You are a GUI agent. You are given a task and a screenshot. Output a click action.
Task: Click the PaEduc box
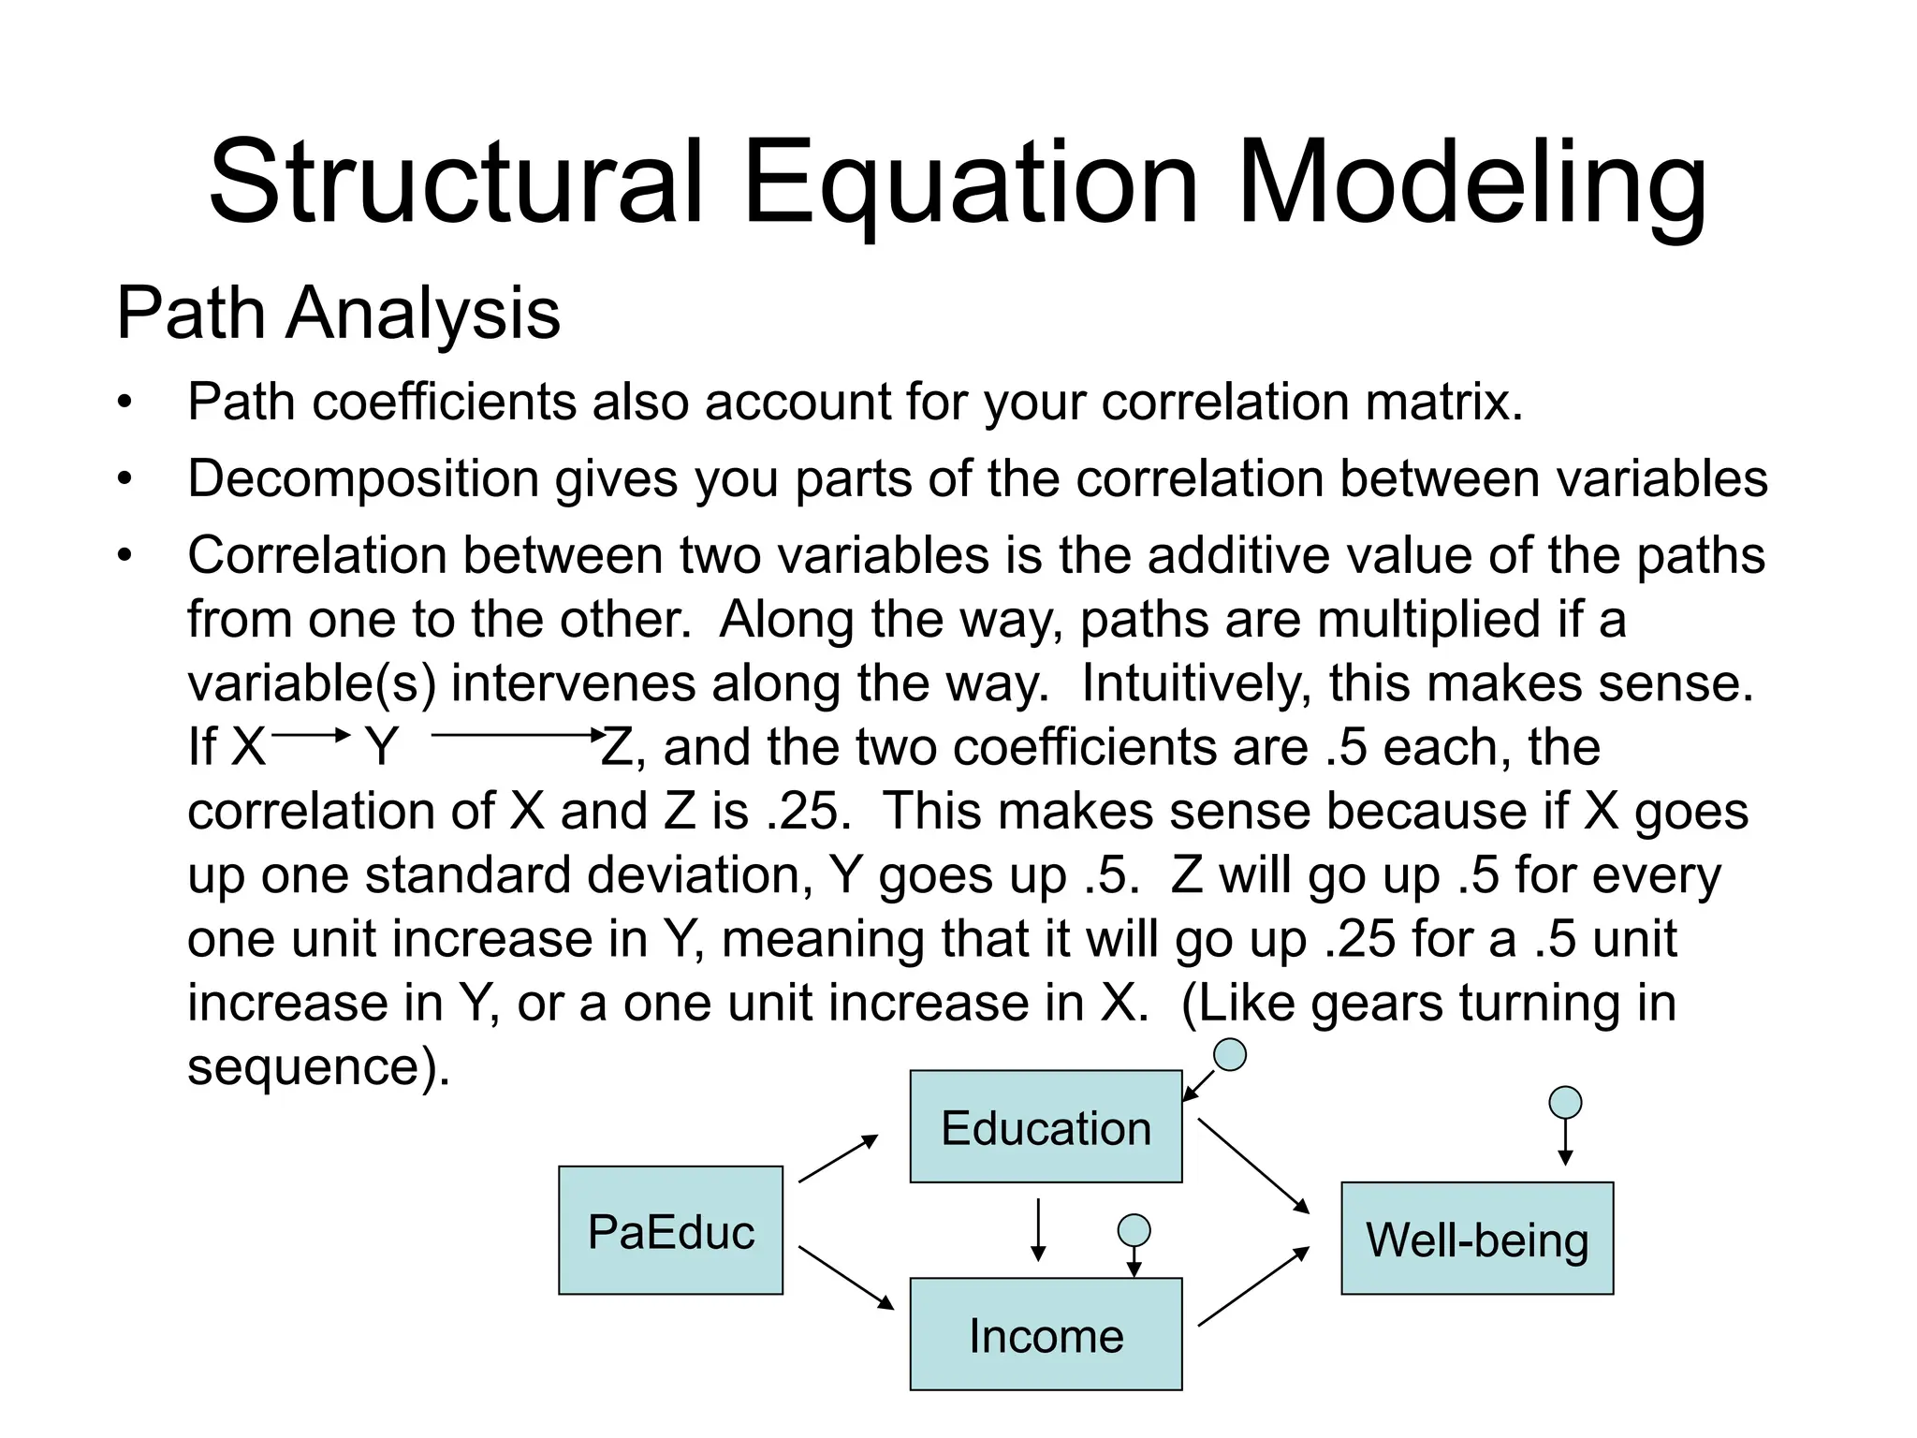pyautogui.click(x=670, y=1230)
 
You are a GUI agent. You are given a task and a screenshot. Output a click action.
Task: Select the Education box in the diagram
pyautogui.click(x=1046, y=1126)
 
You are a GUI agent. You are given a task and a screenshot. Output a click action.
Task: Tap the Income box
pyautogui.click(x=1046, y=1334)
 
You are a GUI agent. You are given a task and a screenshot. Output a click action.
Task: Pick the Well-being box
pyautogui.click(x=1477, y=1239)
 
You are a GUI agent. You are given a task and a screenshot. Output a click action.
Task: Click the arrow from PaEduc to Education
pyautogui.click(x=838, y=1159)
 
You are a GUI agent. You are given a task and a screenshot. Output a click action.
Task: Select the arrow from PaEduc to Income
pyautogui.click(x=845, y=1277)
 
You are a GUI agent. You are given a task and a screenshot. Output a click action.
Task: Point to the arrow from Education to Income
pyautogui.click(x=1037, y=1230)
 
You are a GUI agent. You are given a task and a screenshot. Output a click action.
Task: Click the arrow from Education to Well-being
pyautogui.click(x=1253, y=1166)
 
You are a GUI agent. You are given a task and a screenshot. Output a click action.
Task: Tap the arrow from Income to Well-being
pyautogui.click(x=1253, y=1286)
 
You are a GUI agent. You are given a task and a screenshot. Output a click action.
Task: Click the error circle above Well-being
pyautogui.click(x=1565, y=1102)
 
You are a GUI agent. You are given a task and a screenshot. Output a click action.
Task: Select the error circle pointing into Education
pyautogui.click(x=1229, y=1055)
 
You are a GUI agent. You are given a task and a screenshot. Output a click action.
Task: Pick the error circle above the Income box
pyautogui.click(x=1134, y=1229)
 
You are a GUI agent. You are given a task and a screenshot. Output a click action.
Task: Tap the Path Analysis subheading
pyautogui.click(x=338, y=313)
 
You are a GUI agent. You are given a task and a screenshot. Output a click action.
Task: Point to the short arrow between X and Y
pyautogui.click(x=310, y=736)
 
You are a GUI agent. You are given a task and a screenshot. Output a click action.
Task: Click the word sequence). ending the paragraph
pyautogui.click(x=318, y=1066)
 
